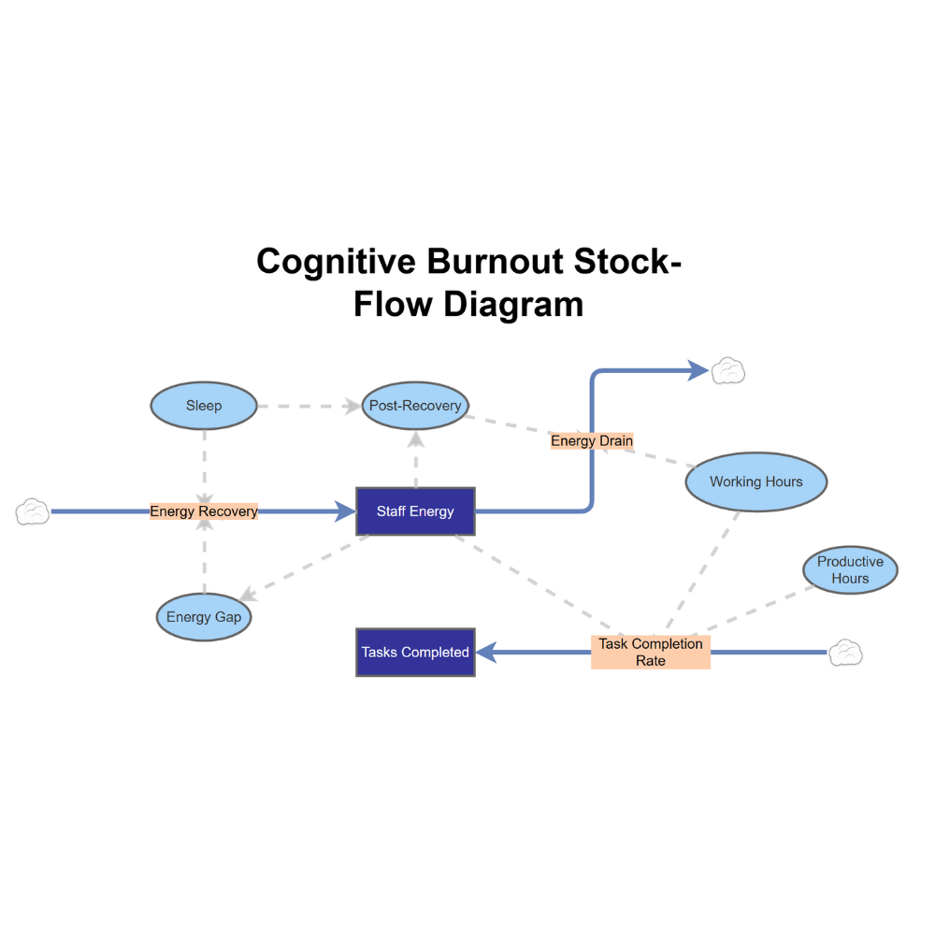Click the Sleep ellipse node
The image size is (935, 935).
[x=204, y=406]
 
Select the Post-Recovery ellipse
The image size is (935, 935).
[x=415, y=406]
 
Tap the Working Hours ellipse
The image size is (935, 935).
[x=755, y=482]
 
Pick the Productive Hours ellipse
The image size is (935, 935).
[x=850, y=570]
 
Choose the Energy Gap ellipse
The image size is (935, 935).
[x=204, y=617]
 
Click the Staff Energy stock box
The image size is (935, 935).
[x=415, y=511]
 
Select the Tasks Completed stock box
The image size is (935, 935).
[x=415, y=653]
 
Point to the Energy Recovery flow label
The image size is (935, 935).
[x=204, y=511]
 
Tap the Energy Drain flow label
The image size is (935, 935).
[x=592, y=440]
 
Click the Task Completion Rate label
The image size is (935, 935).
[x=651, y=652]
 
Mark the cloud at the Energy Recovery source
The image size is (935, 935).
[x=33, y=511]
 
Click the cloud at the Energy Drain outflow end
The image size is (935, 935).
[x=728, y=371]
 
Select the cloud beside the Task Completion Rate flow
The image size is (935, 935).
[x=845, y=652]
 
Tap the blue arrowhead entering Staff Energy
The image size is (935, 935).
[x=344, y=511]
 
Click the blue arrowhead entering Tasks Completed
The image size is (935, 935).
[x=487, y=653]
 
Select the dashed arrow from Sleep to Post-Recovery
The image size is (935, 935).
[x=309, y=406]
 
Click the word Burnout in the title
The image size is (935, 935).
[x=496, y=262]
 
